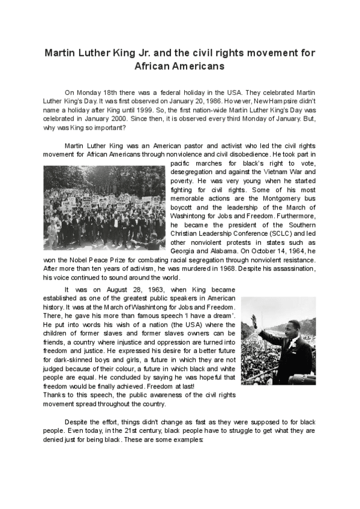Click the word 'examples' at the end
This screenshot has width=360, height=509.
pyautogui.click(x=190, y=439)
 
